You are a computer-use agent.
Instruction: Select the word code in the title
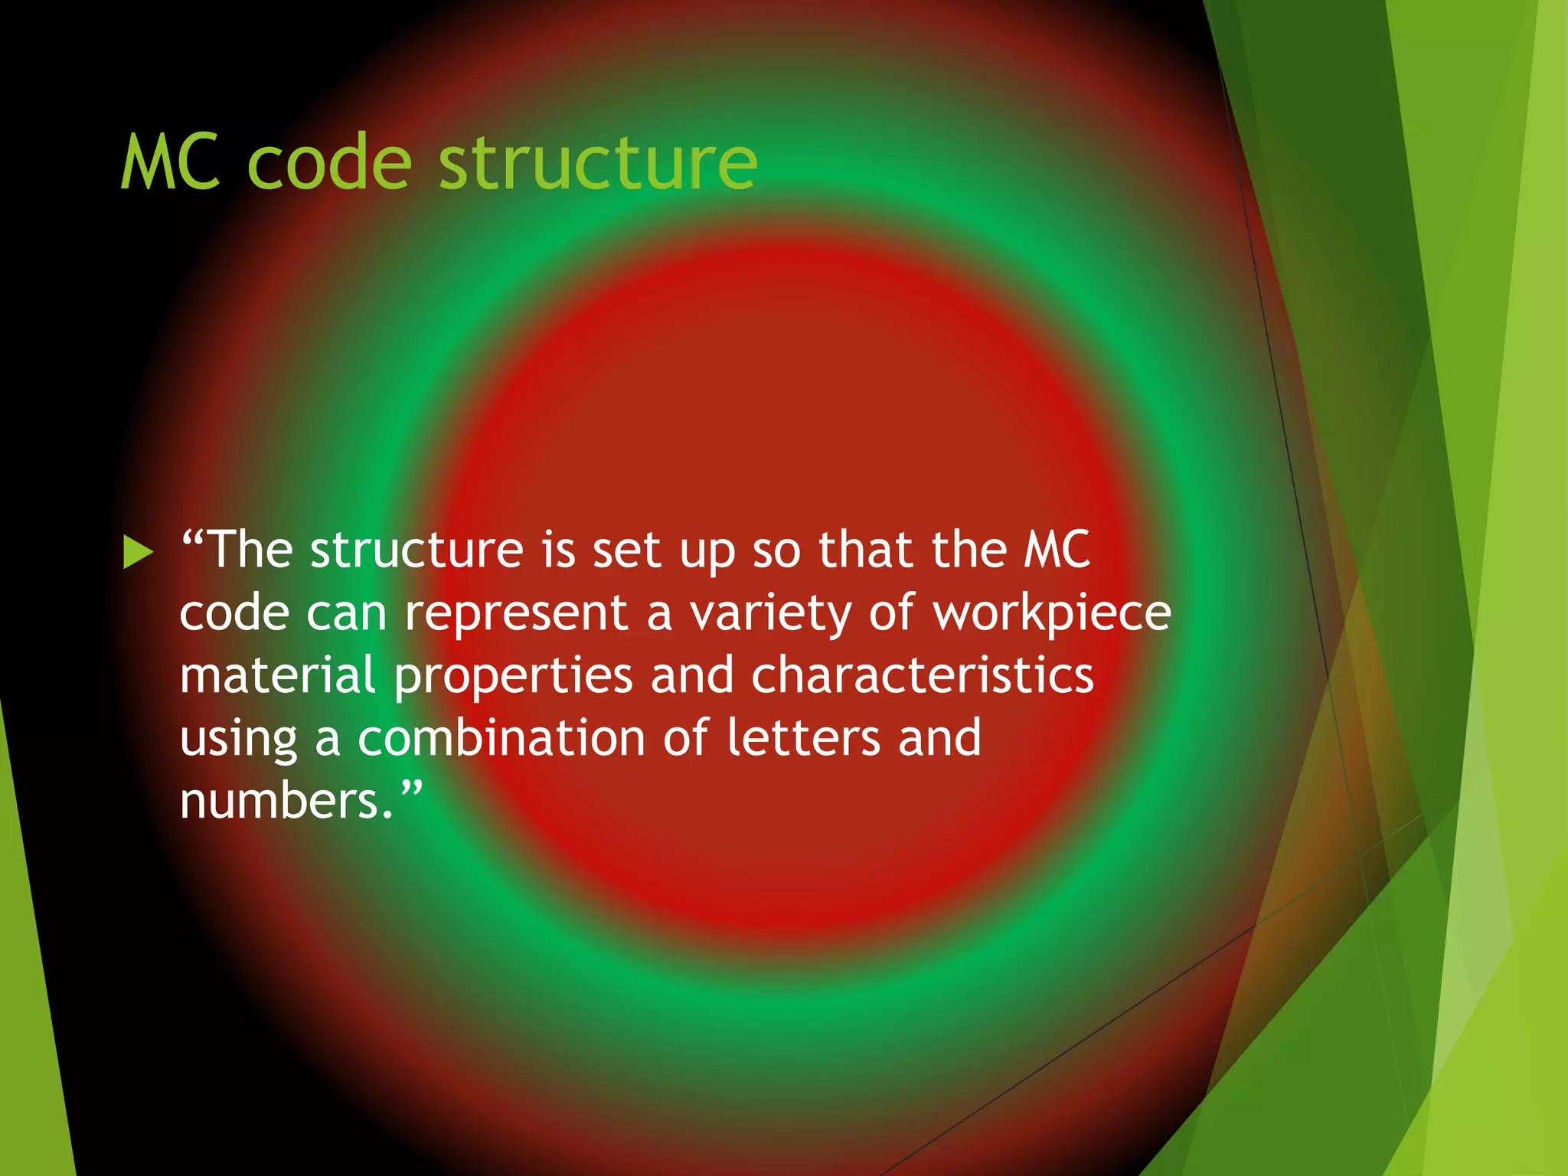tap(330, 162)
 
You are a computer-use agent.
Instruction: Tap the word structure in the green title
tap(598, 162)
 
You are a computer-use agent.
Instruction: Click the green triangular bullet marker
tap(138, 553)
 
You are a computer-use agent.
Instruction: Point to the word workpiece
tap(1052, 614)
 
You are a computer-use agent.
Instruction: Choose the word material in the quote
tap(277, 675)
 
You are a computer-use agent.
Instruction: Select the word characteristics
tap(922, 675)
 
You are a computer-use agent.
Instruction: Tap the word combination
tap(501, 738)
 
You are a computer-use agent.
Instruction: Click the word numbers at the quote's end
tap(279, 801)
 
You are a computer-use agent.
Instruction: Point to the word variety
tap(770, 614)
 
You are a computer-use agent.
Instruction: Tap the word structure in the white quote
tap(416, 550)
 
